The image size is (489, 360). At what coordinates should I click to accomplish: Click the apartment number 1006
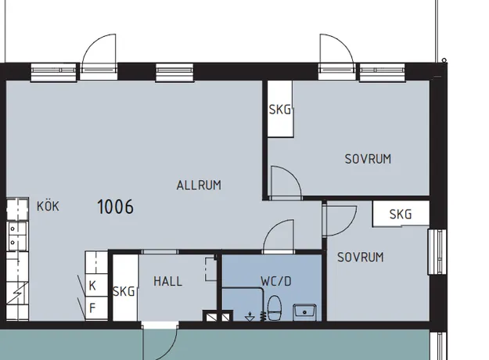(115, 207)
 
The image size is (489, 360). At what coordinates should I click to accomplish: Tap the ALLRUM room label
(199, 185)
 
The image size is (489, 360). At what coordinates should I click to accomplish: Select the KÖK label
(48, 206)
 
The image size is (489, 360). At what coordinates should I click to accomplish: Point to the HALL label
(167, 282)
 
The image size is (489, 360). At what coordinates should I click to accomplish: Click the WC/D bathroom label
(276, 282)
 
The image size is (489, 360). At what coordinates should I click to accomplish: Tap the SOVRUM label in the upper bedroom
(368, 159)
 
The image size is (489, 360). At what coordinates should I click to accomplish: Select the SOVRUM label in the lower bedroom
(361, 257)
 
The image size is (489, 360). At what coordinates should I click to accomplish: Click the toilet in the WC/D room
(275, 308)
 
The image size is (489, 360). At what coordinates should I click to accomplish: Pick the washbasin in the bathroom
(304, 312)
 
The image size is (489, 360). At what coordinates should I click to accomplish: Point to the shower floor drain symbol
(250, 317)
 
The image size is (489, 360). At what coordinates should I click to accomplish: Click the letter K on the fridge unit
(92, 286)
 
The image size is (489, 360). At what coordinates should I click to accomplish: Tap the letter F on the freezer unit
(92, 308)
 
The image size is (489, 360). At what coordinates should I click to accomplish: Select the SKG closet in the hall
(125, 288)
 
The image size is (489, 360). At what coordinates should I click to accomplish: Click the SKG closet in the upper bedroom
(280, 109)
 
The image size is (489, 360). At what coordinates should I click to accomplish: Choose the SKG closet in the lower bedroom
(401, 214)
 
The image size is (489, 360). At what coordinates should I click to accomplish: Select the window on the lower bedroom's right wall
(437, 252)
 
